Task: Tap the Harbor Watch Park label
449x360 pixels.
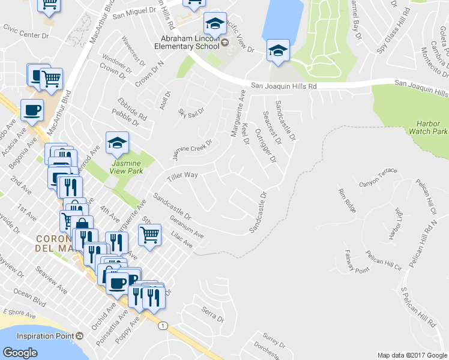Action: click(x=432, y=127)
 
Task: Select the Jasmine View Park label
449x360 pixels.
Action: click(x=125, y=166)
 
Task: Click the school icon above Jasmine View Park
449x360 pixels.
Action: click(x=118, y=143)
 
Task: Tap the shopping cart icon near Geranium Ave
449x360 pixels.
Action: click(x=150, y=234)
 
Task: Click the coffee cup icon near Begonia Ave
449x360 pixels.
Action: click(x=32, y=110)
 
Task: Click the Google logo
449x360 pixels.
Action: click(x=20, y=353)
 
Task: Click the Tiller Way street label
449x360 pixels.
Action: click(x=182, y=175)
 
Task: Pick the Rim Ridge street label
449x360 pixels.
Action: click(x=348, y=200)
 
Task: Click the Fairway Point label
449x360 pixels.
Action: click(x=357, y=262)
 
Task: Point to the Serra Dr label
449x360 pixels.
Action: click(x=212, y=313)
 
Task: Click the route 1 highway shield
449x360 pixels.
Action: click(x=162, y=326)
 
